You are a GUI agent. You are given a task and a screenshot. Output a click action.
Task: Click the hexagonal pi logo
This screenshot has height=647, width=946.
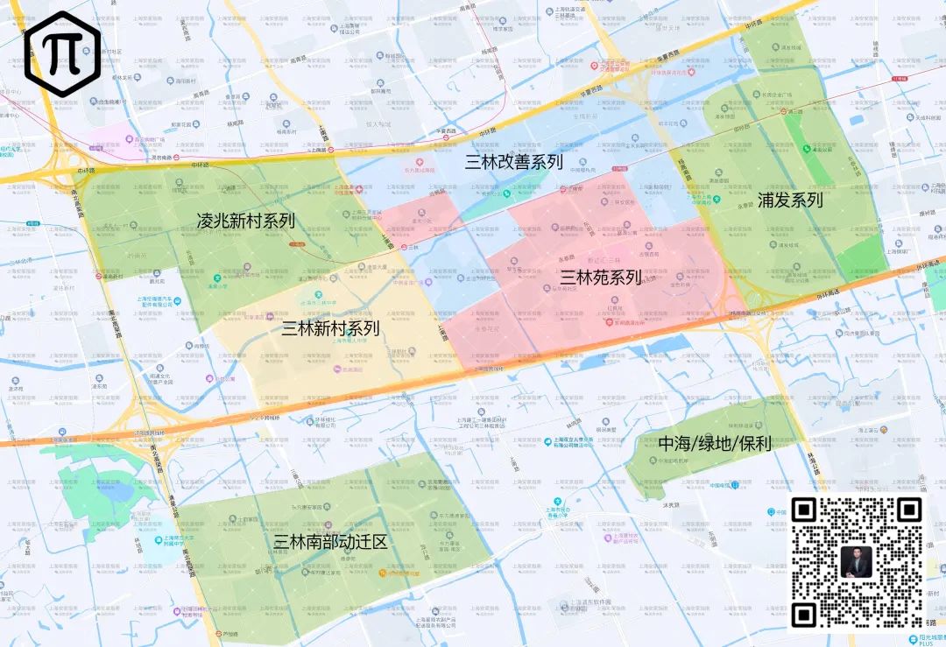[x=62, y=54]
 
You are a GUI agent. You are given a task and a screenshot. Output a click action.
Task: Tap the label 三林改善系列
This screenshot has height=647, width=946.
[x=513, y=161]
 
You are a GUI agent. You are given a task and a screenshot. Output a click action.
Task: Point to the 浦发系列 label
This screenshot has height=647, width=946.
[x=790, y=200]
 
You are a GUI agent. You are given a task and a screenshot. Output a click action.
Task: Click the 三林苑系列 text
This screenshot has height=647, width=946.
[x=601, y=278]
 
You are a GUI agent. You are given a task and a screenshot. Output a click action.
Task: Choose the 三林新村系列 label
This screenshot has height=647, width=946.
[x=330, y=328]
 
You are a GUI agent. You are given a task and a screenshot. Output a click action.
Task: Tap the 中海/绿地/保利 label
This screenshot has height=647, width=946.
[x=714, y=443]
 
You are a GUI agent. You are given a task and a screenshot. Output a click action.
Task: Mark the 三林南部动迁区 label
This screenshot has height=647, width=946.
[x=330, y=542]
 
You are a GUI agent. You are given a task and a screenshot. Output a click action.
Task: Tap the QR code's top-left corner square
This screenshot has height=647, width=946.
[x=804, y=510]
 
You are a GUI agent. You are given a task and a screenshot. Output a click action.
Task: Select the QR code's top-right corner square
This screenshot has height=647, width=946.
[x=909, y=510]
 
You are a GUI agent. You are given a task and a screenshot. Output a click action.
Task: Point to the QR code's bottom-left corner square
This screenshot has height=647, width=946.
[x=804, y=615]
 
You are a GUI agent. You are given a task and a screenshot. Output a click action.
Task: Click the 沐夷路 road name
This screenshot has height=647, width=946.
[x=672, y=505]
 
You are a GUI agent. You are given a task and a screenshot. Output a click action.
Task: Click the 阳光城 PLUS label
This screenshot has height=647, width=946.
[x=924, y=638]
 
